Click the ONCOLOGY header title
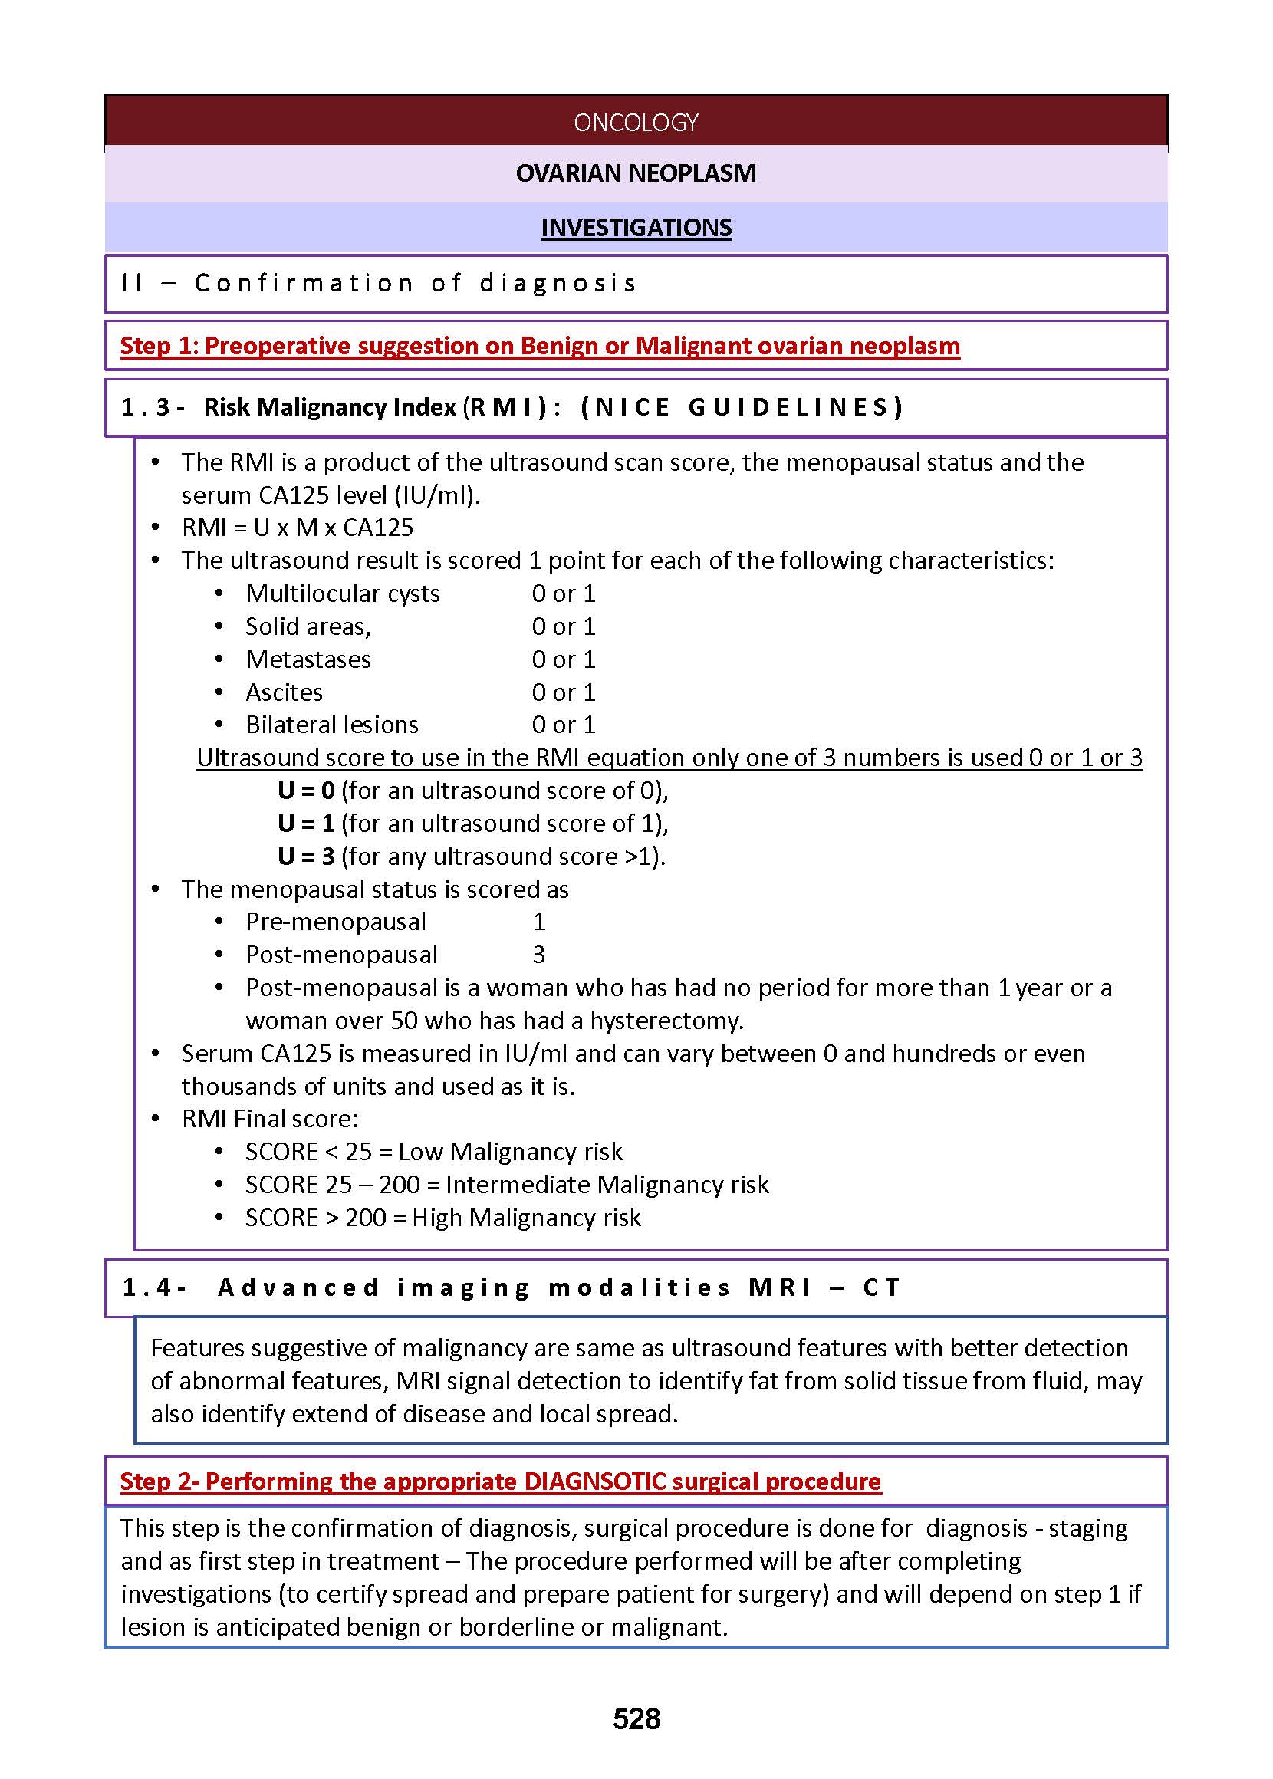pyautogui.click(x=636, y=122)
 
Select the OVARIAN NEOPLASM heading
pyautogui.click(x=636, y=173)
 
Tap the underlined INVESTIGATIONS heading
pyautogui.click(x=636, y=227)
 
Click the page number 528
pyautogui.click(x=636, y=1718)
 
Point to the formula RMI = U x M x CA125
pyautogui.click(x=297, y=528)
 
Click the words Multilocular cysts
pyautogui.click(x=343, y=594)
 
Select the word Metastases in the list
pyautogui.click(x=308, y=659)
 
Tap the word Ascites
pyautogui.click(x=284, y=692)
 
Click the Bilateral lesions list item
pyautogui.click(x=331, y=724)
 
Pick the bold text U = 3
pyautogui.click(x=306, y=856)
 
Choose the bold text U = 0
pyautogui.click(x=306, y=790)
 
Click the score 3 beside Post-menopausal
pyautogui.click(x=538, y=955)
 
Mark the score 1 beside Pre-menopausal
pyautogui.click(x=538, y=922)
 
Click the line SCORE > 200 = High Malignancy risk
pyautogui.click(x=443, y=1217)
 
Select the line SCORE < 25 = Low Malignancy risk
pyautogui.click(x=433, y=1151)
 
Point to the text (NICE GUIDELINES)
pyautogui.click(x=742, y=406)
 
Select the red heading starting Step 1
pyautogui.click(x=539, y=346)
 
